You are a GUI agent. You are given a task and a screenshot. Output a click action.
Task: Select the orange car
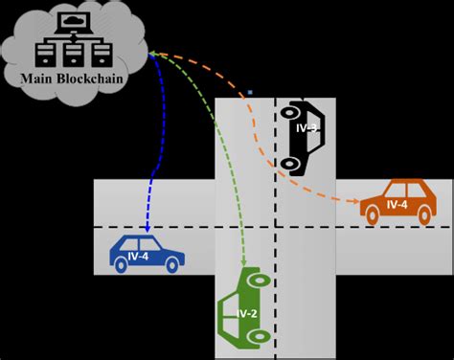click(397, 202)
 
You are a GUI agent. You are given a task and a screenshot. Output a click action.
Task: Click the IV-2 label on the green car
click(246, 313)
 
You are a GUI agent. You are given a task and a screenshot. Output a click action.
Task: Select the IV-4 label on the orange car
click(397, 205)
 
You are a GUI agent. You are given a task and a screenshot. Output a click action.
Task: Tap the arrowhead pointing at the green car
click(244, 264)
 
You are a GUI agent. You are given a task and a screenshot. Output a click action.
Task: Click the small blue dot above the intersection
click(250, 92)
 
